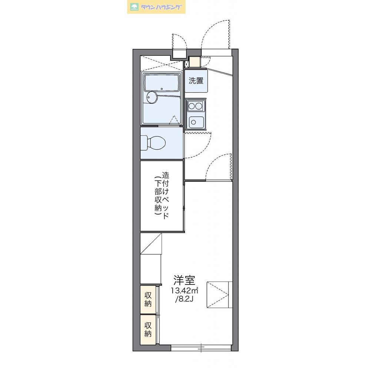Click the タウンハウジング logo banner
156,7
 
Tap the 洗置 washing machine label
196,81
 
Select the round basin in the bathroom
152,97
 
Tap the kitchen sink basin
196,122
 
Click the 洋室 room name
184,280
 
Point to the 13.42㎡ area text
185,290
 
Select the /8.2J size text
184,299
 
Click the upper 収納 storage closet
148,300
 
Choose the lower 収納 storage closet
148,329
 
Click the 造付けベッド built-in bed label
165,196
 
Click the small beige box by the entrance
195,62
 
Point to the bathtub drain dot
162,89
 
